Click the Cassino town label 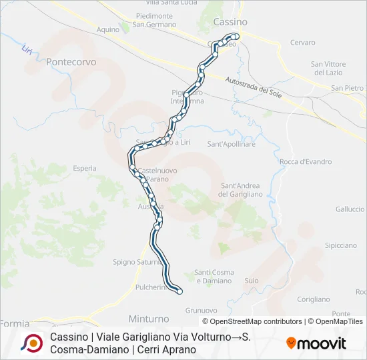click(x=230, y=22)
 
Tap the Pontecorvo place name click(x=71, y=61)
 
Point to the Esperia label click(x=85, y=169)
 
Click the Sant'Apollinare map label click(x=232, y=144)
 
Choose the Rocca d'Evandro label click(x=306, y=161)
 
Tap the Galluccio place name click(x=350, y=209)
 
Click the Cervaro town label click(x=302, y=43)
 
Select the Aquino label click(x=107, y=30)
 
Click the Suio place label click(x=252, y=281)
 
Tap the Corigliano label click(x=314, y=299)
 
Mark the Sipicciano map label click(x=341, y=245)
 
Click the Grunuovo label click(x=202, y=310)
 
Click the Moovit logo click(x=316, y=343)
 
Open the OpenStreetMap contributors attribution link click(x=256, y=321)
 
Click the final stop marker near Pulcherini click(x=179, y=290)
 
